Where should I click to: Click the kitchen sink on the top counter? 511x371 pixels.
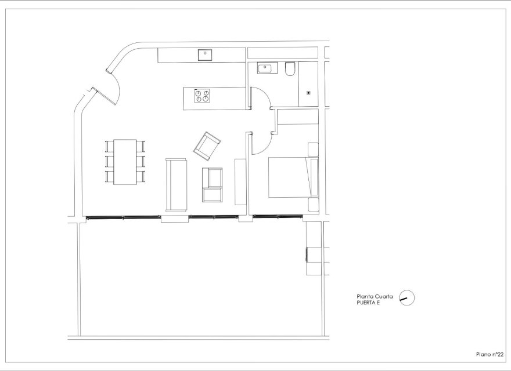[205, 55]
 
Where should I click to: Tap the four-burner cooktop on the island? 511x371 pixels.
[201, 96]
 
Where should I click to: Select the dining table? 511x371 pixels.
[125, 162]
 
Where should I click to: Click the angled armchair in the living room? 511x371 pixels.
[207, 145]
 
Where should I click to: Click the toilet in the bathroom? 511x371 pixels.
[290, 70]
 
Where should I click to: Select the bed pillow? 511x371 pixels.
[314, 178]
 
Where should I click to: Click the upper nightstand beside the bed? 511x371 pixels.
[312, 149]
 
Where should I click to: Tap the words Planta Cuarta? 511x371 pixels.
[375, 296]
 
